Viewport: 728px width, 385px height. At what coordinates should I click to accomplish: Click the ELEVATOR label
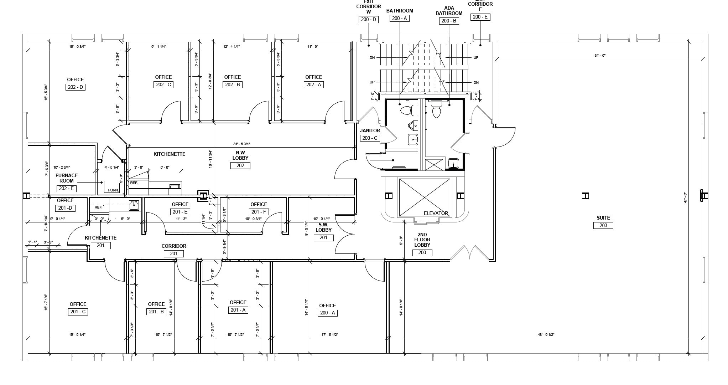point(436,213)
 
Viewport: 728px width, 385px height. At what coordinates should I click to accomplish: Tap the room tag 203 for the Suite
point(603,225)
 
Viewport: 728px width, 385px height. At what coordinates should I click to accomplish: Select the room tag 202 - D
point(75,87)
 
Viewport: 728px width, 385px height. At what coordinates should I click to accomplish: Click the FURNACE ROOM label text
point(67,178)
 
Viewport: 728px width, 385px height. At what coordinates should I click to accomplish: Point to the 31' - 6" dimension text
point(600,56)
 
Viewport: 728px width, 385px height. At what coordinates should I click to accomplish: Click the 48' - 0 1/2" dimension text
point(546,335)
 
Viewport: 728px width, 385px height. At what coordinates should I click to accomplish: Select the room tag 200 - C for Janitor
point(370,138)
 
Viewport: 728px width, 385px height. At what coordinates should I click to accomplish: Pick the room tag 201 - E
point(180,212)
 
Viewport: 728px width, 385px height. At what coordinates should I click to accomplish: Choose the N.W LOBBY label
point(240,155)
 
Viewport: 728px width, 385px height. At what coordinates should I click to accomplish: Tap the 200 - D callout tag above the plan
point(368,19)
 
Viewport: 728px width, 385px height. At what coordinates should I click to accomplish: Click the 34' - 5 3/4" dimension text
point(241,144)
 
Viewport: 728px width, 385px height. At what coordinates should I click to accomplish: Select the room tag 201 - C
point(78,312)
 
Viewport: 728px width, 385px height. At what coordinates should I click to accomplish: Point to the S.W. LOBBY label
point(323,227)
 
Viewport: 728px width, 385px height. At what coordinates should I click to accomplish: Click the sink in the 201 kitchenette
point(134,205)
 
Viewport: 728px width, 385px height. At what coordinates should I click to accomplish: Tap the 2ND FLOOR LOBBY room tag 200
point(422,253)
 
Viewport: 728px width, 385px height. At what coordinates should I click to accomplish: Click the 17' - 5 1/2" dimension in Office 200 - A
point(329,335)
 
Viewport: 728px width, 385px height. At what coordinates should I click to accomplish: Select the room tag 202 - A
point(313,85)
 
